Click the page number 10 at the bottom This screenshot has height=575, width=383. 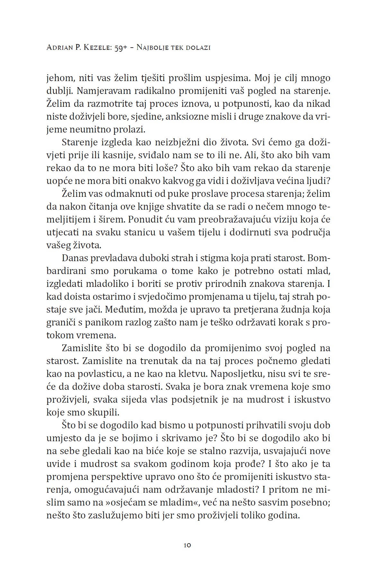pos(188,545)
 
